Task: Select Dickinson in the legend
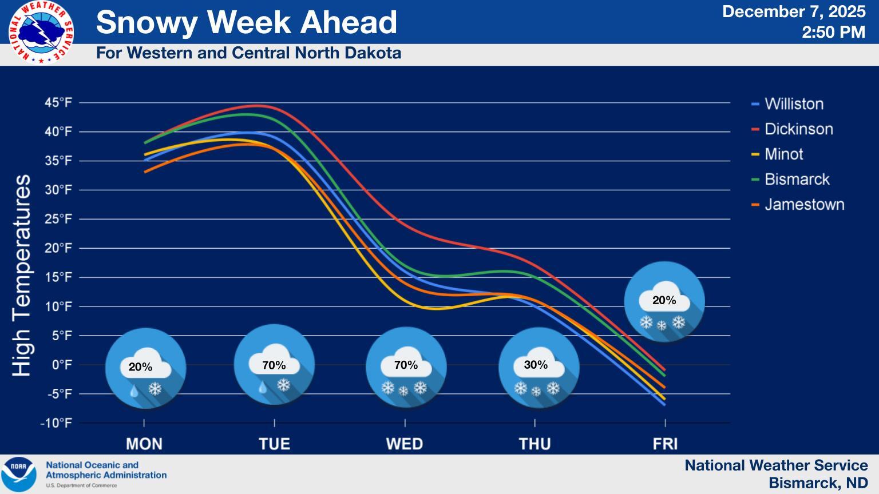click(798, 129)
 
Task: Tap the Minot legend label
click(783, 154)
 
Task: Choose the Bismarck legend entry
click(797, 180)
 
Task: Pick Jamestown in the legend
click(804, 205)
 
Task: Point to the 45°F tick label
click(58, 103)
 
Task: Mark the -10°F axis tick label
click(56, 423)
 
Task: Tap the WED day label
click(405, 444)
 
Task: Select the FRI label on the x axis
click(665, 444)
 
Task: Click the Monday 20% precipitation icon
click(146, 368)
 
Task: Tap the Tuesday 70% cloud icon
click(275, 365)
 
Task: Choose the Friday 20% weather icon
click(664, 302)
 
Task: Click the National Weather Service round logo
click(41, 32)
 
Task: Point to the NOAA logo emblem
click(19, 474)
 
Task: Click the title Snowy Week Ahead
click(247, 22)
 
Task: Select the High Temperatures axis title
click(22, 276)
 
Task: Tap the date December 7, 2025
click(794, 12)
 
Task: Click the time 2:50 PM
click(833, 32)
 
